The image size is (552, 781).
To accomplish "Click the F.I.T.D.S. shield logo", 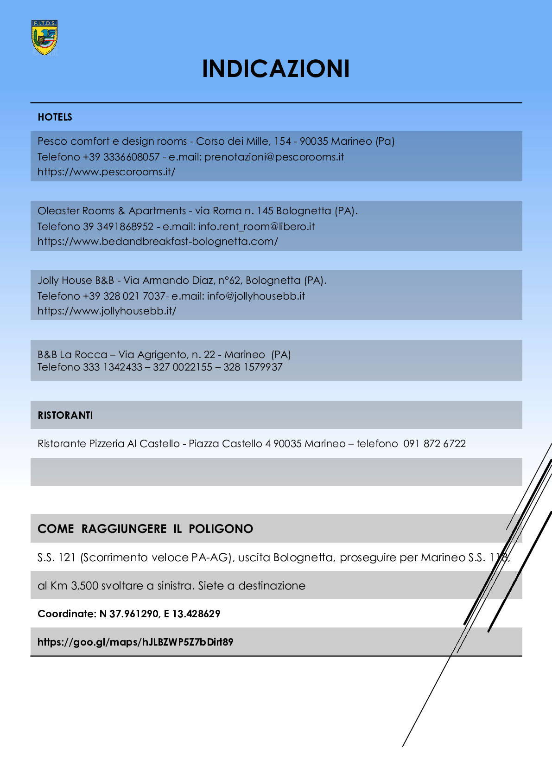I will [x=44, y=38].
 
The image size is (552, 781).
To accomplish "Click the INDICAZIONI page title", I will [x=276, y=69].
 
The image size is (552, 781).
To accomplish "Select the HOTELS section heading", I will [x=55, y=117].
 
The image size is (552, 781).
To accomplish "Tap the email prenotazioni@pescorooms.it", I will [x=274, y=157].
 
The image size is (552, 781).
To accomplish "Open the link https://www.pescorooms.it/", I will [x=106, y=172].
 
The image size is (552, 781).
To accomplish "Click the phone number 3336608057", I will [x=131, y=157].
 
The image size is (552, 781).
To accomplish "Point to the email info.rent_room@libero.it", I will [x=256, y=226].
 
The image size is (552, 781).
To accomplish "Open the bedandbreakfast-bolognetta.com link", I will [x=158, y=241].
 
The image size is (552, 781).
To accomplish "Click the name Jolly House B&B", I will [x=76, y=280].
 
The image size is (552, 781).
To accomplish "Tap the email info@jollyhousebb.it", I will [x=256, y=296].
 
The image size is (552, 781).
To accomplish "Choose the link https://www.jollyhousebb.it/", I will [x=107, y=311].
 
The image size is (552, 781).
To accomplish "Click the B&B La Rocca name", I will [x=72, y=354].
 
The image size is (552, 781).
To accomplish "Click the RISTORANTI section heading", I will [x=65, y=415].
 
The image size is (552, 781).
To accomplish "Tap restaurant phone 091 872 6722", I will [x=434, y=443].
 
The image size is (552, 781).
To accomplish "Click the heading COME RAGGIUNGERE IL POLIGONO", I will [x=145, y=529].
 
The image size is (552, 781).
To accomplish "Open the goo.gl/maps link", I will [x=135, y=642].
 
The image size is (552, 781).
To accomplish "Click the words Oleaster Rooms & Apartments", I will [x=112, y=211].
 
